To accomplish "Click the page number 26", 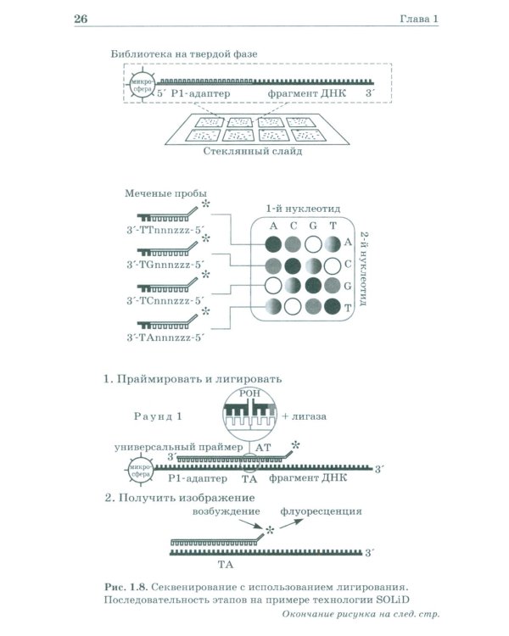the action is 81,19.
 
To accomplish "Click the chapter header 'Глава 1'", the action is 419,19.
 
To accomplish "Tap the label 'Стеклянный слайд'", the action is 253,151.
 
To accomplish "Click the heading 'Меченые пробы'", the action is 165,193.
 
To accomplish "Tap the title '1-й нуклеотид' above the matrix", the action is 303,209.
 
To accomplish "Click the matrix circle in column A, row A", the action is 273,244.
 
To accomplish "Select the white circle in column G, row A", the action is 313,244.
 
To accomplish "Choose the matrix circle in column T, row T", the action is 333,306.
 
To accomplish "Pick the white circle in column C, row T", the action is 293,306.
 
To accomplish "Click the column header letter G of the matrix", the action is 313,226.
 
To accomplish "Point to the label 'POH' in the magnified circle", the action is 249,393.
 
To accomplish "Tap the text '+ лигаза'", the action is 304,416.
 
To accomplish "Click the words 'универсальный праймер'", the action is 179,447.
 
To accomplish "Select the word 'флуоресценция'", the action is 321,511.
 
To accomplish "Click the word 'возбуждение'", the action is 227,511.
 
